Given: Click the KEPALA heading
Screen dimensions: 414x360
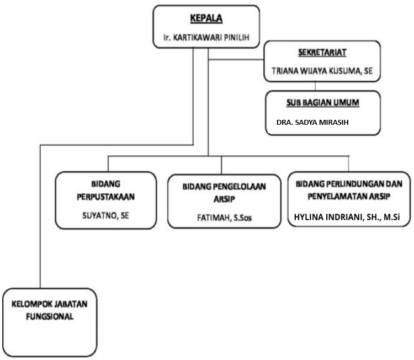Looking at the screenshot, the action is tap(206, 18).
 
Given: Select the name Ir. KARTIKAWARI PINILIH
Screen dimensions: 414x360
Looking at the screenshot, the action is tap(206, 38).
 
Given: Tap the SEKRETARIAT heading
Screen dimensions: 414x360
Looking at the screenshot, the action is tap(322, 52).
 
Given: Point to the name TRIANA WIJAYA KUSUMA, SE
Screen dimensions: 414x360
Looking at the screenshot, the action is tap(322, 71).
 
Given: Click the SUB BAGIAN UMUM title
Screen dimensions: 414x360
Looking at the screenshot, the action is tap(323, 103).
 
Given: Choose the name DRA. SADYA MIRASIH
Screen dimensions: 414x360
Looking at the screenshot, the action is tap(312, 122).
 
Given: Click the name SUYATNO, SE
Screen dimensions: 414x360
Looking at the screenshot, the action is tap(105, 215).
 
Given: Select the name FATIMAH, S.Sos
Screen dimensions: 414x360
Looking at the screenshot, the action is tap(224, 218).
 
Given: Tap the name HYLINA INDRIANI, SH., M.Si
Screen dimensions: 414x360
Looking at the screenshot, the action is tap(347, 217).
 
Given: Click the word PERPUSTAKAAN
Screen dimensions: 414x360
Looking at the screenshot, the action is tap(105, 197).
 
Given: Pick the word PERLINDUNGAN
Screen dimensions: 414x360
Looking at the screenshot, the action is tap(357, 184).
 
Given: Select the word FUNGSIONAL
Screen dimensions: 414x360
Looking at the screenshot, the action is tap(50, 316).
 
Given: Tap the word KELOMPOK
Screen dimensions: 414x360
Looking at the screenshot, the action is tap(29, 304).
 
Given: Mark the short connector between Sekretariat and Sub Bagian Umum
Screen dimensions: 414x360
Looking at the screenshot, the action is tap(315, 86).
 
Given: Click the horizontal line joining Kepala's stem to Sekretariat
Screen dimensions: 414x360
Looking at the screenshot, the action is tap(236, 60).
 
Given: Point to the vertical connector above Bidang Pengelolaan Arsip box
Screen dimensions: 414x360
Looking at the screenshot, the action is tap(221, 165).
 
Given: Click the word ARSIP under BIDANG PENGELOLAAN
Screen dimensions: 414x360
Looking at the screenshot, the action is tap(224, 199).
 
